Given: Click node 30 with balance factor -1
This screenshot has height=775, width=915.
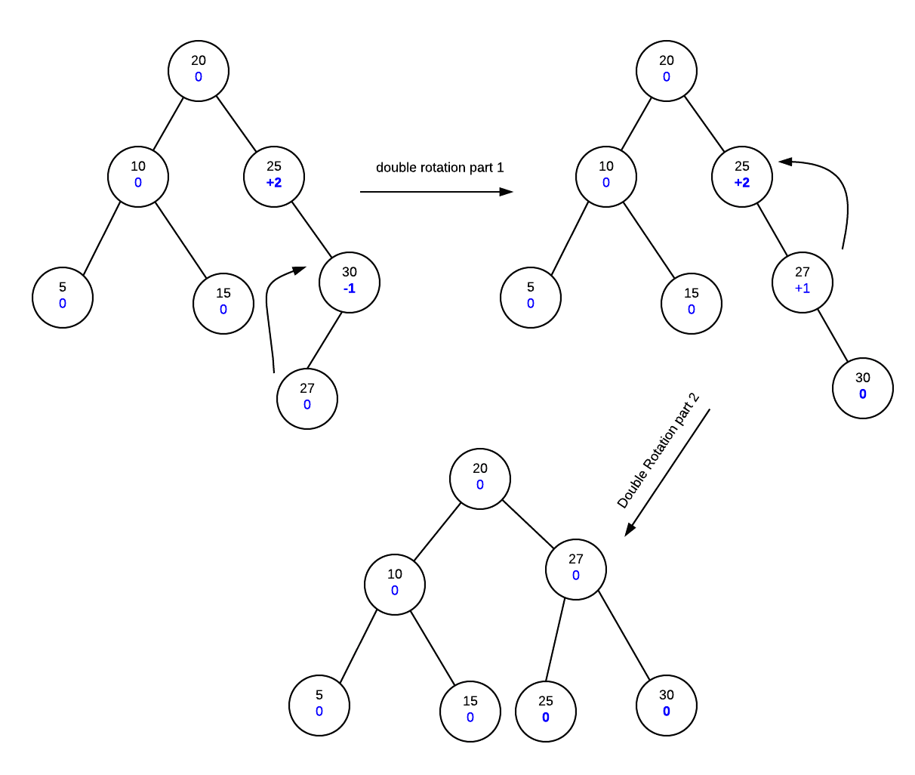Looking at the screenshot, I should pyautogui.click(x=349, y=283).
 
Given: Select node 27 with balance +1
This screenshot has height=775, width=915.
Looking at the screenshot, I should pyautogui.click(x=802, y=283).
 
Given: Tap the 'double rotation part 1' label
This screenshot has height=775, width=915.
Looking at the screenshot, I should pyautogui.click(x=439, y=168).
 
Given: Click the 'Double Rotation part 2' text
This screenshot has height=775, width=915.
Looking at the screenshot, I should pyautogui.click(x=658, y=451).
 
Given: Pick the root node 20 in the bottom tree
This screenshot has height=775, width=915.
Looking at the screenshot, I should pyautogui.click(x=479, y=479).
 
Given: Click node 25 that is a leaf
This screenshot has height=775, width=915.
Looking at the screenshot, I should pyautogui.click(x=545, y=711).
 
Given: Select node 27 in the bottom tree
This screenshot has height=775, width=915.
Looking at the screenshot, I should pyautogui.click(x=575, y=570).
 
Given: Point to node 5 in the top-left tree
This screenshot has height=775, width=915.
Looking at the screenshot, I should pyautogui.click(x=63, y=298).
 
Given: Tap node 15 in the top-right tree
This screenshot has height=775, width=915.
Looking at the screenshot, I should pyautogui.click(x=691, y=304).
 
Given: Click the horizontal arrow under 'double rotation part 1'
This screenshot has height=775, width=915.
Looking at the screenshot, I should pyautogui.click(x=436, y=192).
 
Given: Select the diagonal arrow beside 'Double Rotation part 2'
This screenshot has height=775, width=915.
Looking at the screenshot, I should pyautogui.click(x=667, y=473).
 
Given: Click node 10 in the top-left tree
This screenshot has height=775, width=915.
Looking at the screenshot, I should pyautogui.click(x=138, y=177).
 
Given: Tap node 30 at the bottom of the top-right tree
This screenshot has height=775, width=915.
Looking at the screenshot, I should pyautogui.click(x=862, y=388).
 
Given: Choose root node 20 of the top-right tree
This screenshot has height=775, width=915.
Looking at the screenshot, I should pyautogui.click(x=666, y=71).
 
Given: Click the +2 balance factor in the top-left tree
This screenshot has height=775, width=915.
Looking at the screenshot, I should pyautogui.click(x=274, y=183).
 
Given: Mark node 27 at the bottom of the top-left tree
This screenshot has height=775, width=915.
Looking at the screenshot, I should pyautogui.click(x=307, y=399).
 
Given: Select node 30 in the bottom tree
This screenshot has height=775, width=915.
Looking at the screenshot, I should pyautogui.click(x=666, y=706).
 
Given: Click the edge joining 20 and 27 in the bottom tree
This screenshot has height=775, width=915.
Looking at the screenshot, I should pyautogui.click(x=528, y=524).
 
